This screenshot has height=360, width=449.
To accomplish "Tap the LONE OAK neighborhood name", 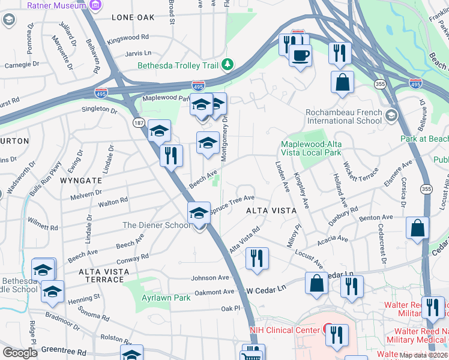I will click(133, 18).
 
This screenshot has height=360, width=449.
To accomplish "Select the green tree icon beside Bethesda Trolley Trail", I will click(228, 64).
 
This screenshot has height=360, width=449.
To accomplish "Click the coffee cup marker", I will click(300, 55).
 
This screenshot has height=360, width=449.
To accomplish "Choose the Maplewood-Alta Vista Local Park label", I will click(318, 145).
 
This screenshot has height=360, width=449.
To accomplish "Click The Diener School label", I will click(155, 225).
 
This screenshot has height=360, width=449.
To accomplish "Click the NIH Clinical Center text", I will click(285, 329).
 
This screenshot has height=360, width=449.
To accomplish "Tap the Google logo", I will click(20, 353).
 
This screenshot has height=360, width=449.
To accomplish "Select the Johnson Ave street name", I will click(210, 278).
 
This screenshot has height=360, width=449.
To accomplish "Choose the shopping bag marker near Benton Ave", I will click(417, 229).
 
